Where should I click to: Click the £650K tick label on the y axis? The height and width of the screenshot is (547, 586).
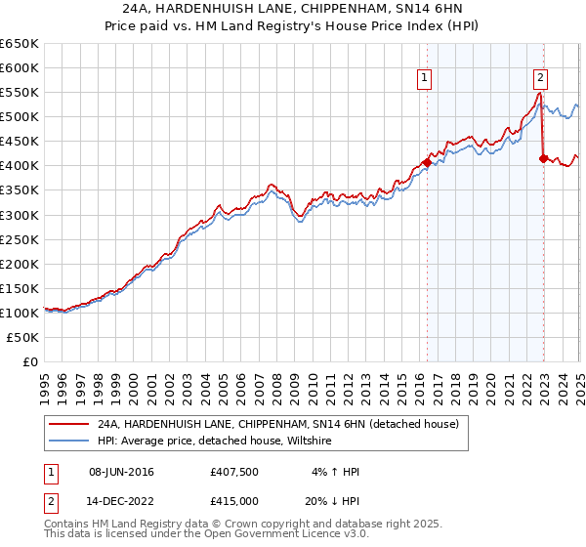click(x=19, y=44)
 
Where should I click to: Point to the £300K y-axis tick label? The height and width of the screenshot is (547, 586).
click(x=19, y=215)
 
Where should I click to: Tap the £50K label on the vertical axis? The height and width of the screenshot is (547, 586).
click(x=22, y=337)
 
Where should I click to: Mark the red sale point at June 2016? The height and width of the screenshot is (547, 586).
click(x=427, y=162)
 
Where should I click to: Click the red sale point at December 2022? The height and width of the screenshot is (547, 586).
click(x=543, y=158)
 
